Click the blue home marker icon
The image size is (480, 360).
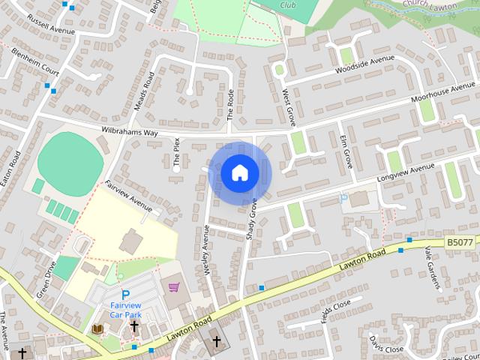[240, 173]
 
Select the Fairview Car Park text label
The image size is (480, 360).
[126, 310]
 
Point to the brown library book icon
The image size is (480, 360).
[97, 328]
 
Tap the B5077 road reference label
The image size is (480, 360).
[459, 242]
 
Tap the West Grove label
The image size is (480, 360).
[289, 106]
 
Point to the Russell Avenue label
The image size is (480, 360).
[50, 26]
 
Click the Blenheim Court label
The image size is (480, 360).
[35, 62]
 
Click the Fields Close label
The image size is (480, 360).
[335, 310]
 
